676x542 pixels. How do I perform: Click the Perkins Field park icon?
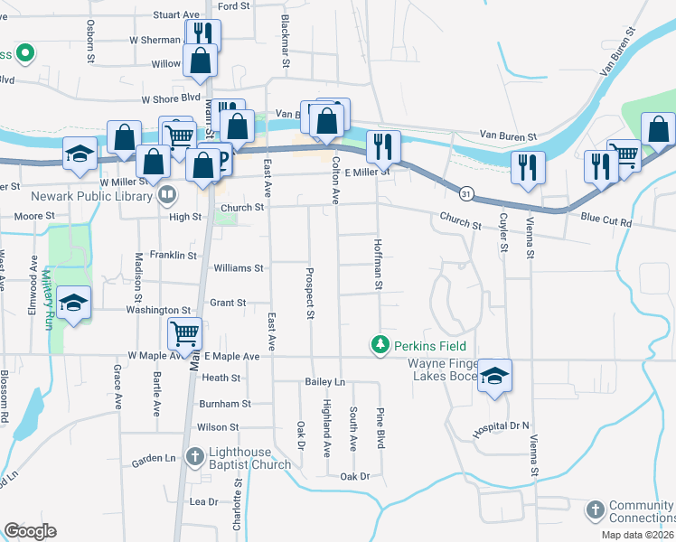[x=380, y=344]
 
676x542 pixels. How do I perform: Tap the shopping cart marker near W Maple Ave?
[x=184, y=333]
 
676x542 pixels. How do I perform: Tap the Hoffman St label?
[x=378, y=266]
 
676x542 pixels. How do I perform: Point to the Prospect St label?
[x=309, y=294]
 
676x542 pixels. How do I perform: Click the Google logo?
[x=30, y=531]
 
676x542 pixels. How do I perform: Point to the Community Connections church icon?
[x=595, y=510]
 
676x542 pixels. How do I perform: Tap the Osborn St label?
[x=90, y=50]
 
